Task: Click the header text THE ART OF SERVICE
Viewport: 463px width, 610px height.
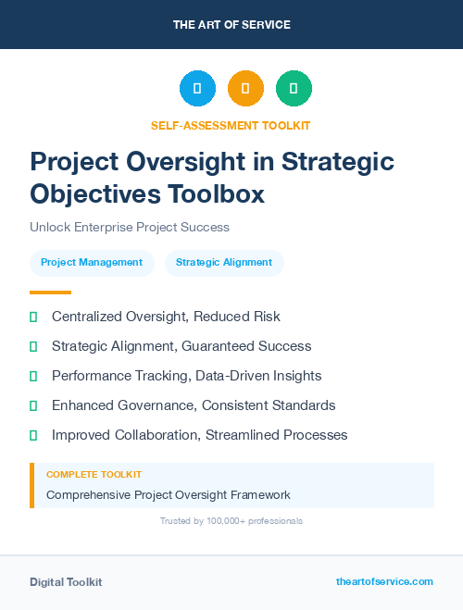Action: point(231,25)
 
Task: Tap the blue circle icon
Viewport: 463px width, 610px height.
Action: point(197,89)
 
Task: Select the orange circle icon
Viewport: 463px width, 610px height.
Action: point(245,89)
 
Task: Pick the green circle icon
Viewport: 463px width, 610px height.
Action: point(294,89)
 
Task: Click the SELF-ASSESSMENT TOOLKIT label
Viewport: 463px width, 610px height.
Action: point(231,125)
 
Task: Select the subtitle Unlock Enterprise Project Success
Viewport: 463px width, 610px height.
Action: point(129,227)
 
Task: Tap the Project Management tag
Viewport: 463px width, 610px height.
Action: point(92,262)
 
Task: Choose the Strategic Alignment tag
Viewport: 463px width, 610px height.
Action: point(224,262)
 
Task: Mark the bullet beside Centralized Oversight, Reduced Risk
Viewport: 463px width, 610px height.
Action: point(33,317)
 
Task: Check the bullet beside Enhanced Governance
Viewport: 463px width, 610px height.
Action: point(33,405)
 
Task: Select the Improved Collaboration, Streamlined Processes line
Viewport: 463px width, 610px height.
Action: point(199,435)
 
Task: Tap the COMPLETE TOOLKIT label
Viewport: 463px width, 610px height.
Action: point(94,474)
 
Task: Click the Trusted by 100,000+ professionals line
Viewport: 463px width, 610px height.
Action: point(231,521)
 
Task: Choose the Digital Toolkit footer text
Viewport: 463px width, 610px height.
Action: point(66,582)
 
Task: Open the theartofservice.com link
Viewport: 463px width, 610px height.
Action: point(384,581)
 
